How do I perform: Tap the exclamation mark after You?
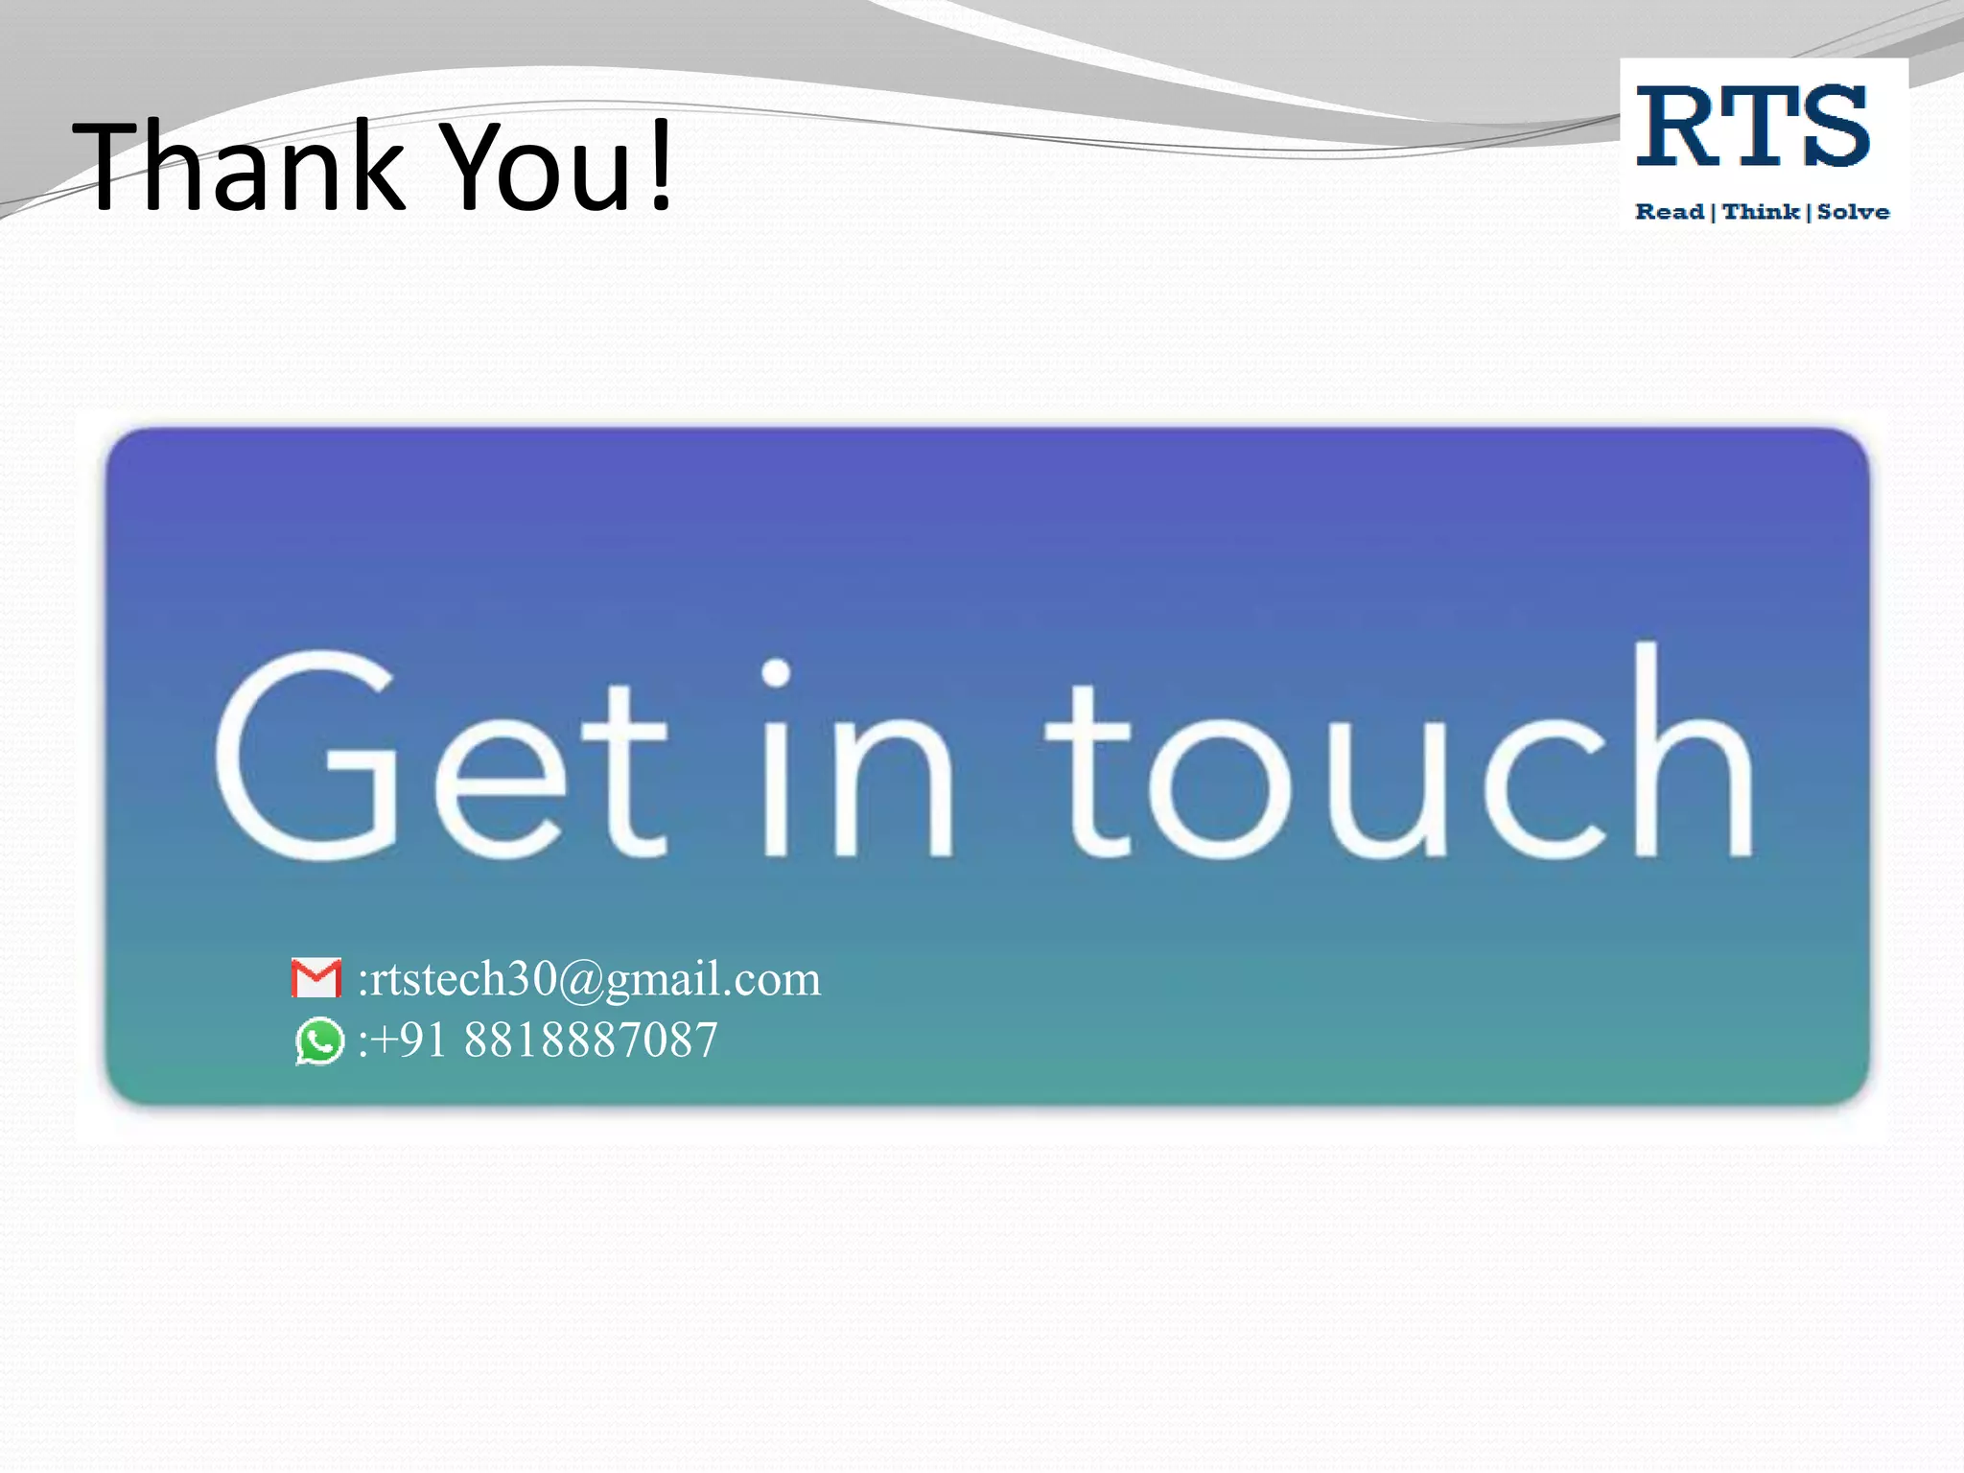pos(660,165)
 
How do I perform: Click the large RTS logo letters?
pos(1752,127)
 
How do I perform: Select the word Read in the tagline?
pos(1670,212)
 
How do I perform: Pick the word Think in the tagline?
pos(1761,212)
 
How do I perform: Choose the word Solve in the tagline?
pos(1853,212)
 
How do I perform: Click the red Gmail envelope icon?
pos(316,978)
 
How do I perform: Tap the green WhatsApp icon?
pos(319,1041)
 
